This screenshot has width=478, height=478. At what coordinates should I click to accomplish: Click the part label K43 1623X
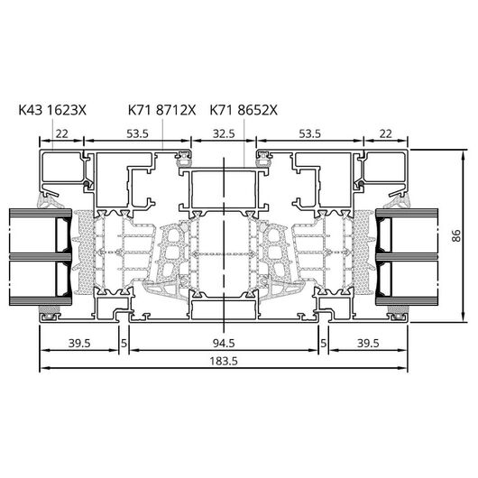(x=52, y=110)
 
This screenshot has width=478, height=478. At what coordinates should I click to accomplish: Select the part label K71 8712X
(x=161, y=110)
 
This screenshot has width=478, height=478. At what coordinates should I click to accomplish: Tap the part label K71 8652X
(x=244, y=110)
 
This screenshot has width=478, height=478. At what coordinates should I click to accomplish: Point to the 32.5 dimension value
(x=224, y=133)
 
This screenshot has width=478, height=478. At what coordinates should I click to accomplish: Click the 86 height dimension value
(x=456, y=235)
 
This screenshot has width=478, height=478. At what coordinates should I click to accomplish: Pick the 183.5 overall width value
(x=224, y=362)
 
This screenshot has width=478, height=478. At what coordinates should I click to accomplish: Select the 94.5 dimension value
(x=224, y=344)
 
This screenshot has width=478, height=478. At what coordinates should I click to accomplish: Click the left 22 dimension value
(x=61, y=133)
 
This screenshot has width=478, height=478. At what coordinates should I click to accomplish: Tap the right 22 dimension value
(x=386, y=133)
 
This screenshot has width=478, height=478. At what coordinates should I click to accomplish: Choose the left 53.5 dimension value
(x=137, y=133)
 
